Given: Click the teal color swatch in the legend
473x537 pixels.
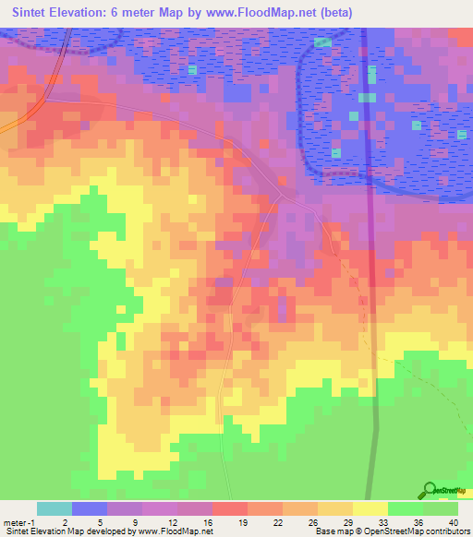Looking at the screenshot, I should pos(55,508).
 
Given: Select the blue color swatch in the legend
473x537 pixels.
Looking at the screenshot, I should pos(90,508).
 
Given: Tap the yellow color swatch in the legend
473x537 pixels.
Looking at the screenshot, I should pos(370,508).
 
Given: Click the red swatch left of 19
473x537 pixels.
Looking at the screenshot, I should pos(230,508).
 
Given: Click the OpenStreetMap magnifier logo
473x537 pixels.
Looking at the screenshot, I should pos(431,489).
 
